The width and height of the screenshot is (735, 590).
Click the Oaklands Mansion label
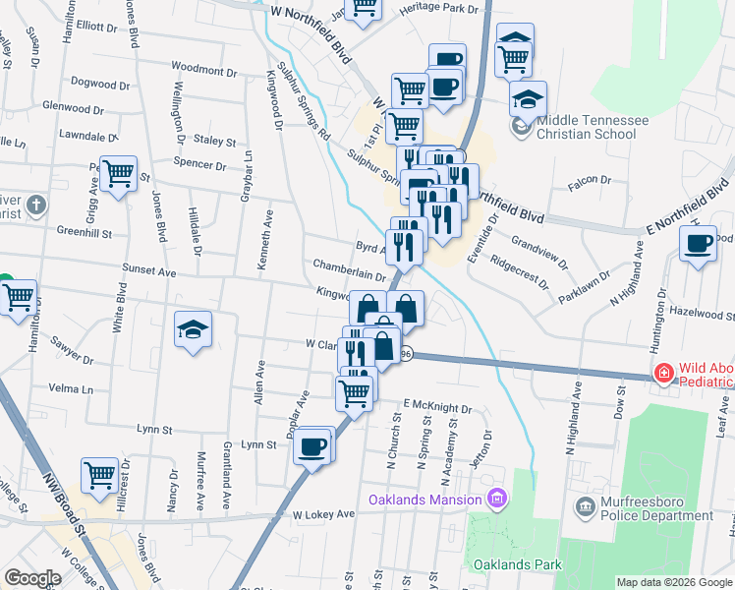(x=425, y=501)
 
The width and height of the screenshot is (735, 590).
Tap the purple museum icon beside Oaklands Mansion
(x=497, y=501)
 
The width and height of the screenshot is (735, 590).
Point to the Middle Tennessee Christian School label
(x=592, y=127)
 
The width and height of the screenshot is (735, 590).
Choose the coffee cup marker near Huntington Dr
(x=699, y=243)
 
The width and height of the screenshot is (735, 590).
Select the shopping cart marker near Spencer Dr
(x=119, y=174)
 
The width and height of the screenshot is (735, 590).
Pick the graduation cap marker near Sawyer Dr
(x=193, y=329)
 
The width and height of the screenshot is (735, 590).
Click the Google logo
(x=32, y=578)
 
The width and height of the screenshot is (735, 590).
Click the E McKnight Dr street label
(x=438, y=405)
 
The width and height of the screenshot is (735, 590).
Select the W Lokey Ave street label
(x=322, y=514)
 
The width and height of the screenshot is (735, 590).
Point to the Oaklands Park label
(x=518, y=564)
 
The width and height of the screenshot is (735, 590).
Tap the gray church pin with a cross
(x=35, y=206)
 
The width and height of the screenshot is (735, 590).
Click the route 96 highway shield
(x=406, y=354)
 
